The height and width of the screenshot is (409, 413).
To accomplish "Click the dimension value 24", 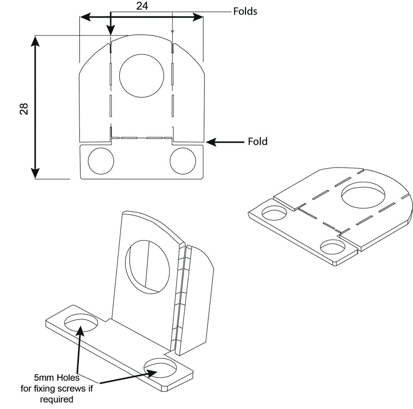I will [x=142, y=6].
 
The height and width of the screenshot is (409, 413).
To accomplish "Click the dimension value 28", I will [x=24, y=109].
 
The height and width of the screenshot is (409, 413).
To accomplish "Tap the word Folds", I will [x=245, y=11].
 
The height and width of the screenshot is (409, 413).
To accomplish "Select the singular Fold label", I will [x=258, y=141].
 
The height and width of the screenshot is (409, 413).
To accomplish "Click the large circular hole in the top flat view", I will [x=141, y=75].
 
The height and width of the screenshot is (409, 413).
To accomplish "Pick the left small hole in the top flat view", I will [x=101, y=161].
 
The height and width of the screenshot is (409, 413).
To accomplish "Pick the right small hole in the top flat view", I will [x=182, y=161].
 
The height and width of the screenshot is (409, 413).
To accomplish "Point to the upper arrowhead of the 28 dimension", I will [x=35, y=40].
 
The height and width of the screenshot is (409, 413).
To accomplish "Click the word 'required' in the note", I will [x=57, y=399].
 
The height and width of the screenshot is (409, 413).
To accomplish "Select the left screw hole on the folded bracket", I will [x=81, y=322].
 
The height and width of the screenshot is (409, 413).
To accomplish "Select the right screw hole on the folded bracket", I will [x=160, y=367].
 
